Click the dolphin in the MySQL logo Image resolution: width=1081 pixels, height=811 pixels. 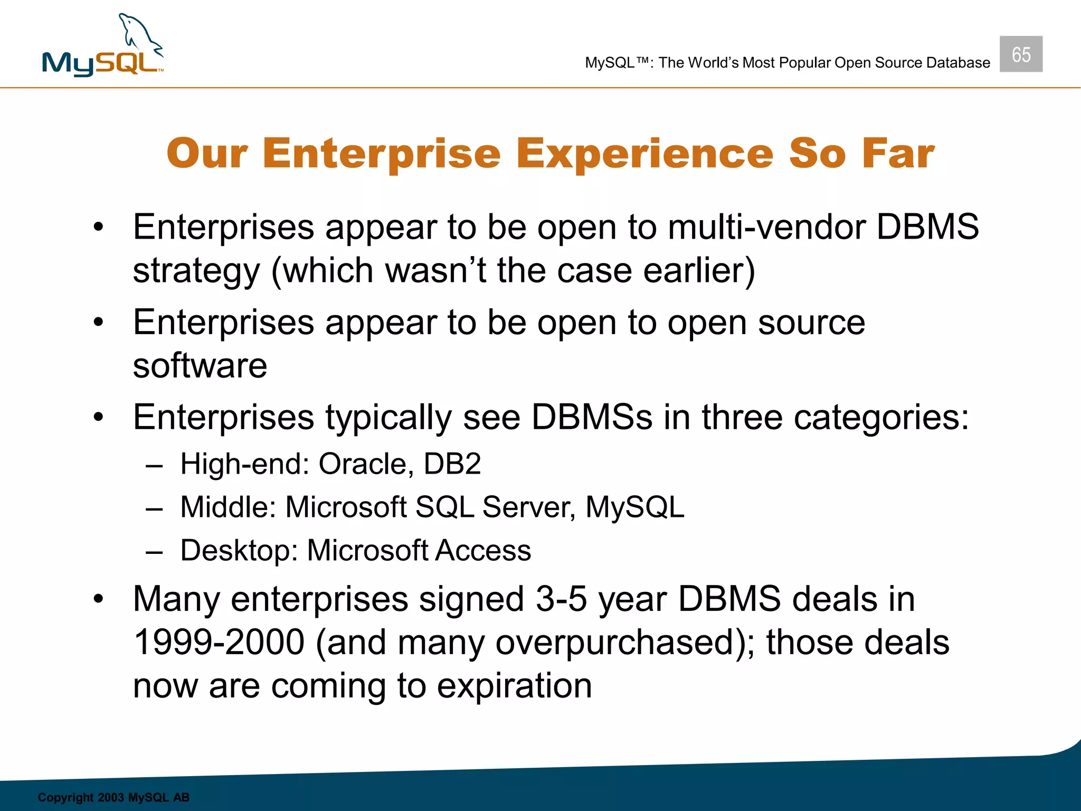point(138,35)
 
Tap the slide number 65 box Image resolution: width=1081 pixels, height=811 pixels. point(1020,54)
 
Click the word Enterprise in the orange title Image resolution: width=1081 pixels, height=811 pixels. point(381,154)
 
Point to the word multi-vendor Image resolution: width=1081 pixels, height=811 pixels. point(766,228)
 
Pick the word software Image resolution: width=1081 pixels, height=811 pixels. point(200,366)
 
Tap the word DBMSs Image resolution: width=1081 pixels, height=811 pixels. point(592,418)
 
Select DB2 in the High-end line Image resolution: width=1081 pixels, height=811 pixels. point(452,464)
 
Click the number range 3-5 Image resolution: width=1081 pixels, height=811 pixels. point(561,600)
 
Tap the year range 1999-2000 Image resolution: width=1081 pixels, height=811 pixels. point(219,643)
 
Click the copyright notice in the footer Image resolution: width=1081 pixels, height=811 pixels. point(113,797)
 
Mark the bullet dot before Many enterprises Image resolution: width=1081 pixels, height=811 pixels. point(98,600)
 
